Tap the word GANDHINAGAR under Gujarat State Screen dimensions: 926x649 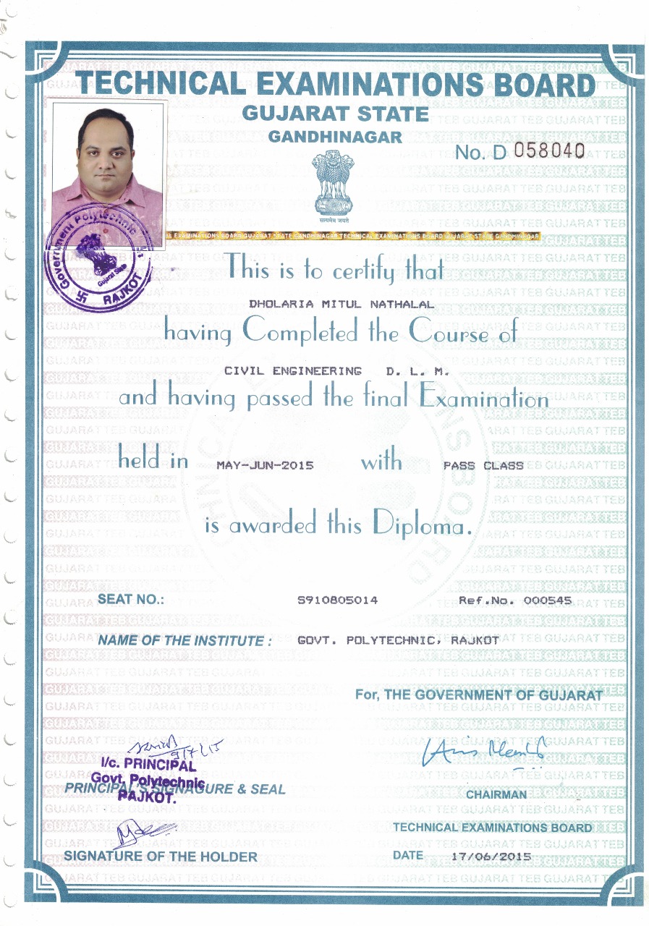pyautogui.click(x=335, y=136)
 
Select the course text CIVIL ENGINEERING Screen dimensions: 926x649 pyautogui.click(x=293, y=371)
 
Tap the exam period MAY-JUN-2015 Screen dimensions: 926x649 pyautogui.click(x=265, y=465)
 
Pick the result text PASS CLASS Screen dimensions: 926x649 pyautogui.click(x=483, y=465)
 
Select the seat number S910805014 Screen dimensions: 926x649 pyautogui.click(x=338, y=600)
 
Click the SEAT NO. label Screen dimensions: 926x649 pyautogui.click(x=131, y=599)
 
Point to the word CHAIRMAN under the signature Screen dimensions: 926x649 pyautogui.click(x=496, y=794)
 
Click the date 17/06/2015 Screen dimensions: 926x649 pyautogui.click(x=490, y=857)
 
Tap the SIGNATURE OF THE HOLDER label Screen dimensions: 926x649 pyautogui.click(x=161, y=857)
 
